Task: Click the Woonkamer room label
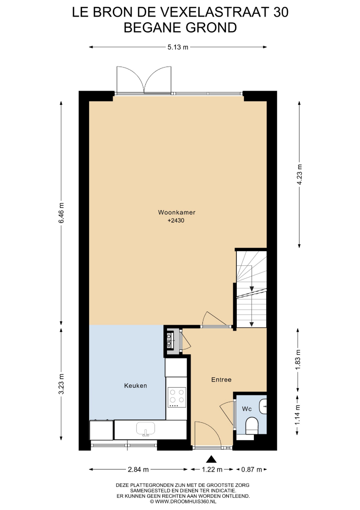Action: pos(176,212)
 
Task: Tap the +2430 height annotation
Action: pos(176,221)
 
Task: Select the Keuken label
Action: pos(135,386)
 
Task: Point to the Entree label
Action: pos(221,380)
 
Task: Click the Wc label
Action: pos(247,409)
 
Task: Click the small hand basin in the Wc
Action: pos(263,406)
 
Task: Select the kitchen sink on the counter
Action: pos(146,429)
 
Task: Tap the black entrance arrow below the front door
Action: pos(211,459)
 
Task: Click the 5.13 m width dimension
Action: pos(178,47)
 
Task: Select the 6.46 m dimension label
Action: pos(61,212)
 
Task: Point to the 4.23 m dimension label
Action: pos(299,174)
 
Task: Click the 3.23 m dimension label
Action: pos(61,384)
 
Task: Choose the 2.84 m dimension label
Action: pos(138,469)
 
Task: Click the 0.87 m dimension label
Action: pos(251,469)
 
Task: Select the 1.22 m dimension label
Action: pos(212,469)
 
